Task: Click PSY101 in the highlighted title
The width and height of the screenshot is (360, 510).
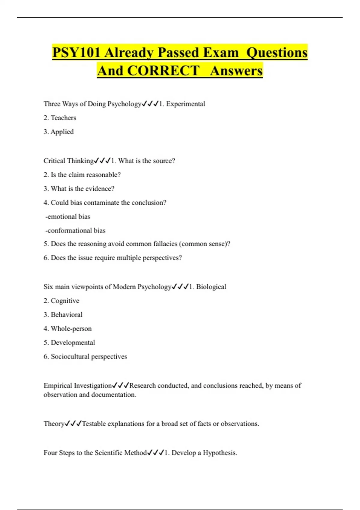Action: click(76, 52)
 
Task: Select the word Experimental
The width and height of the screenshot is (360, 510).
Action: click(186, 104)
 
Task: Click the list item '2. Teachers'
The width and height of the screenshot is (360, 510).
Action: click(60, 118)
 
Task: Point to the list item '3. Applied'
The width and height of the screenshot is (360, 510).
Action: click(59, 132)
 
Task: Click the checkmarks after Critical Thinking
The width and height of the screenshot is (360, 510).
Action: click(102, 161)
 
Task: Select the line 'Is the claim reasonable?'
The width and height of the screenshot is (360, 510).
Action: click(85, 175)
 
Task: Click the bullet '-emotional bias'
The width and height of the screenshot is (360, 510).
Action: click(68, 216)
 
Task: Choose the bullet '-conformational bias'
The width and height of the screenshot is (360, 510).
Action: click(75, 230)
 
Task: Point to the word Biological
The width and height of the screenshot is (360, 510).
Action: click(211, 286)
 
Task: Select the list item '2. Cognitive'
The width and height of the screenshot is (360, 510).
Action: click(61, 301)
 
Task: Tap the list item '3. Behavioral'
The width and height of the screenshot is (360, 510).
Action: click(63, 314)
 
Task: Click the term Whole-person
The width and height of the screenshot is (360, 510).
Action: click(71, 328)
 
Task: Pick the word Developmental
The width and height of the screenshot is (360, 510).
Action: click(73, 342)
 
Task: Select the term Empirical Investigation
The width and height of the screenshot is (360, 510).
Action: click(78, 385)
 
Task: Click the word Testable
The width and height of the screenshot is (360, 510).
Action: click(94, 424)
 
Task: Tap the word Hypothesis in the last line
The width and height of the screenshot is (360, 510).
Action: click(220, 453)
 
